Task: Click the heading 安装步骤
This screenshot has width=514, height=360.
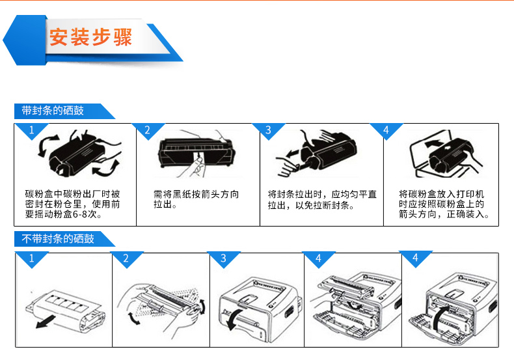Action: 90,36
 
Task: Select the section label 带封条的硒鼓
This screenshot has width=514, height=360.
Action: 53,111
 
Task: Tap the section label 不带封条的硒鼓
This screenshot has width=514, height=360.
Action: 58,239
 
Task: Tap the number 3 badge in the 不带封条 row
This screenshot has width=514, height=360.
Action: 223,259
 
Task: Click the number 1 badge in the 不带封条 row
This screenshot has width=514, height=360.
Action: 31,259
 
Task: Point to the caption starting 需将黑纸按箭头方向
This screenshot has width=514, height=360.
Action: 195,199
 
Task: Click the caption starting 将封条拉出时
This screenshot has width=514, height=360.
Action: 322,199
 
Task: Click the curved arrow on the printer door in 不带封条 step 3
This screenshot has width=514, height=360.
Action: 240,318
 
